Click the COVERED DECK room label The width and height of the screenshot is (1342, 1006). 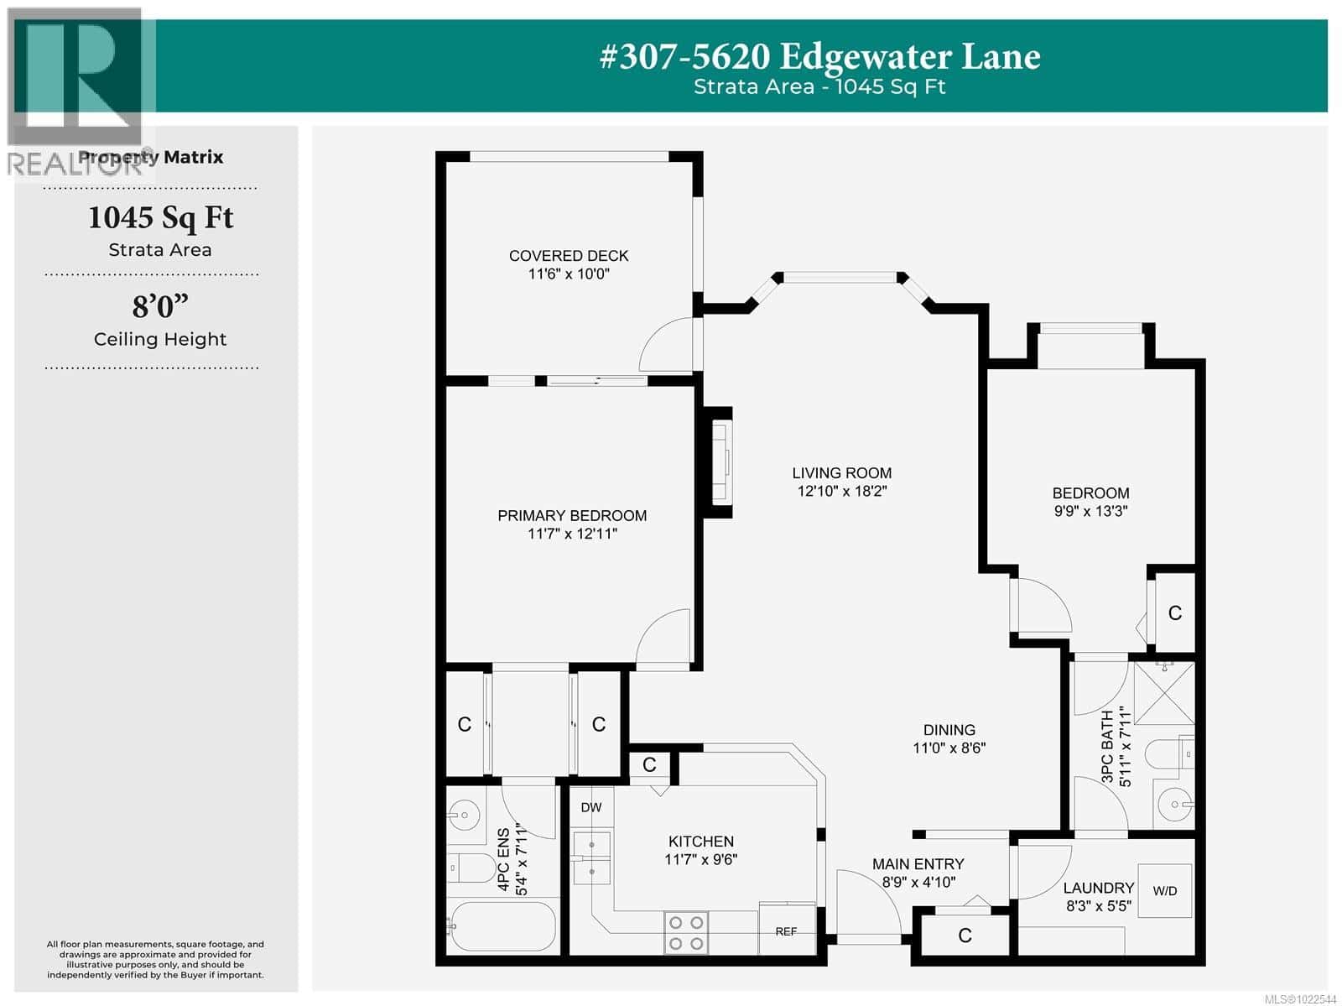tap(569, 256)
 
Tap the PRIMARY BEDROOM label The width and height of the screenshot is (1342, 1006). tap(572, 516)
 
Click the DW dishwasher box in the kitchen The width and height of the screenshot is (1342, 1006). tap(591, 807)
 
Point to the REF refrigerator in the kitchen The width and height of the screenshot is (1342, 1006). tap(787, 930)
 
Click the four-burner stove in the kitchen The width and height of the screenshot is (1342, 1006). tap(685, 933)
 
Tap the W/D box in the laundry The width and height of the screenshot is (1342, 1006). tap(1164, 891)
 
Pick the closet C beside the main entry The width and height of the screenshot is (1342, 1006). tap(965, 936)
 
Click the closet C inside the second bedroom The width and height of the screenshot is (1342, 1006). tap(1174, 613)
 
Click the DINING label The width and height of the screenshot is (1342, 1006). tap(949, 730)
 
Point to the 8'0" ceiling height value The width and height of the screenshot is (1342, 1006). tap(159, 307)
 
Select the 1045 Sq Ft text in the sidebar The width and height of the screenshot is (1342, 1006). tap(160, 218)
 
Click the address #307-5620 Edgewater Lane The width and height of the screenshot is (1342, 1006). tap(819, 56)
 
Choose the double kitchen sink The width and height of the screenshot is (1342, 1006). tap(591, 857)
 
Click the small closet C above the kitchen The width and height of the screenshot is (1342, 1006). tap(649, 764)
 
